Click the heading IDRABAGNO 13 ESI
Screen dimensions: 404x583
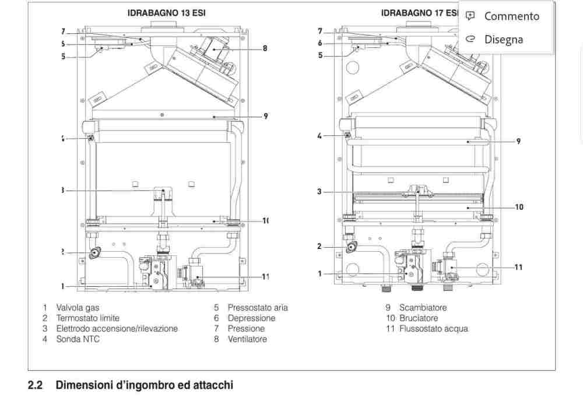coord(166,12)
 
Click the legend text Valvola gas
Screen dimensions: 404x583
coord(82,307)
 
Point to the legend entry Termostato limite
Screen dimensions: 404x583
coord(87,318)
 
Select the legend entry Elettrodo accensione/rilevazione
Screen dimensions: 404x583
coord(117,328)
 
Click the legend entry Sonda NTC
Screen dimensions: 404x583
coord(78,339)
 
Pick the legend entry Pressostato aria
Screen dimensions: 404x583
coord(257,307)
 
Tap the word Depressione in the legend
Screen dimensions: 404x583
coord(251,318)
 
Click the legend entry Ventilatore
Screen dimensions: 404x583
coord(247,339)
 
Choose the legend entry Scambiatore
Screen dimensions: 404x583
coord(423,307)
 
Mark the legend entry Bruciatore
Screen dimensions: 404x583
coord(419,318)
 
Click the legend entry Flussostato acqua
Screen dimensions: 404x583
coord(433,328)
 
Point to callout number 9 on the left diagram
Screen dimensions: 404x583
coord(265,116)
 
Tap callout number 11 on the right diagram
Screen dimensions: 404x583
coord(518,267)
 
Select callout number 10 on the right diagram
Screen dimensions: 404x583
coord(519,206)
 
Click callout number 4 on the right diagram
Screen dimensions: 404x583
coord(319,136)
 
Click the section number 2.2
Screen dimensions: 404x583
coord(35,385)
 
